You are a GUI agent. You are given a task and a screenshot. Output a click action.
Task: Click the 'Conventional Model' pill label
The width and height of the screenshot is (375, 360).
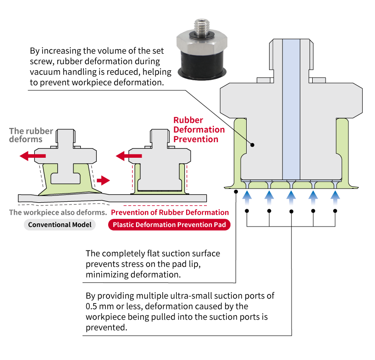[x=60, y=225]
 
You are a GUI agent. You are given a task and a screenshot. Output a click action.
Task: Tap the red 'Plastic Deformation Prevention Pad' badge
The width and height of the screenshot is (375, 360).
[x=169, y=225]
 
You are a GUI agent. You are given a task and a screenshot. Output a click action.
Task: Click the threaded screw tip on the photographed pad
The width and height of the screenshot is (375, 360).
[x=202, y=27]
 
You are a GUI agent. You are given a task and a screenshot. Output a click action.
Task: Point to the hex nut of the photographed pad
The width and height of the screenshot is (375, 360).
[x=202, y=43]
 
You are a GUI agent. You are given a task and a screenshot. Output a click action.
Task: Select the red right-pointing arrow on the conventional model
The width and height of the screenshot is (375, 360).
[x=103, y=180]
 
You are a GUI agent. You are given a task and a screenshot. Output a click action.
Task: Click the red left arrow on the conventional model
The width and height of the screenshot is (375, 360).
[x=33, y=156]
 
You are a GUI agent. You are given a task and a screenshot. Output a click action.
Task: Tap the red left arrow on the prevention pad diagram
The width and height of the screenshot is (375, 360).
[x=129, y=156]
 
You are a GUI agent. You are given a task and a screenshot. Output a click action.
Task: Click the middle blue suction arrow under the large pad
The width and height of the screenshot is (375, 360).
[x=291, y=198]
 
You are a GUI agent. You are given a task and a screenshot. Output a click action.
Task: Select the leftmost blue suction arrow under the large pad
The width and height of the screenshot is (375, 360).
[x=247, y=198]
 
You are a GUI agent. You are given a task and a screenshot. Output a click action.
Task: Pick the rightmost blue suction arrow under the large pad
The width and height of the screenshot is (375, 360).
[x=335, y=198]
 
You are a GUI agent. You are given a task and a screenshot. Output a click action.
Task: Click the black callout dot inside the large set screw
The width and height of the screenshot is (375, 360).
[x=252, y=145]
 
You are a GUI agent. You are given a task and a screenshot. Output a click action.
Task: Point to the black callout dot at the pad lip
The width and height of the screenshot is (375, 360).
[x=236, y=191]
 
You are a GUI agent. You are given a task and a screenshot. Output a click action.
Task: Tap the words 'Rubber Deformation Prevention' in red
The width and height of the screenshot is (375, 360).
[x=199, y=130]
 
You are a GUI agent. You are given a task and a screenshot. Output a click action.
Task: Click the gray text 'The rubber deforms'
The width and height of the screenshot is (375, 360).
[x=31, y=135]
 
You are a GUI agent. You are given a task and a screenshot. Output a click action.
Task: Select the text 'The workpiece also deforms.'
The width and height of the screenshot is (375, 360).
[x=58, y=212]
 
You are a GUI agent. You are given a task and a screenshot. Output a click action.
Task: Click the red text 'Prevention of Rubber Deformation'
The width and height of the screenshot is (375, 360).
[x=170, y=212]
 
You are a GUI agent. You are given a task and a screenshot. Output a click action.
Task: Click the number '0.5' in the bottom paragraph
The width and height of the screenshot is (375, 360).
[x=91, y=306]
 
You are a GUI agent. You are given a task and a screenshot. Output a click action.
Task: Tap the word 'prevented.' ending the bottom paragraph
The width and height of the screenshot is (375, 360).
[x=106, y=327]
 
